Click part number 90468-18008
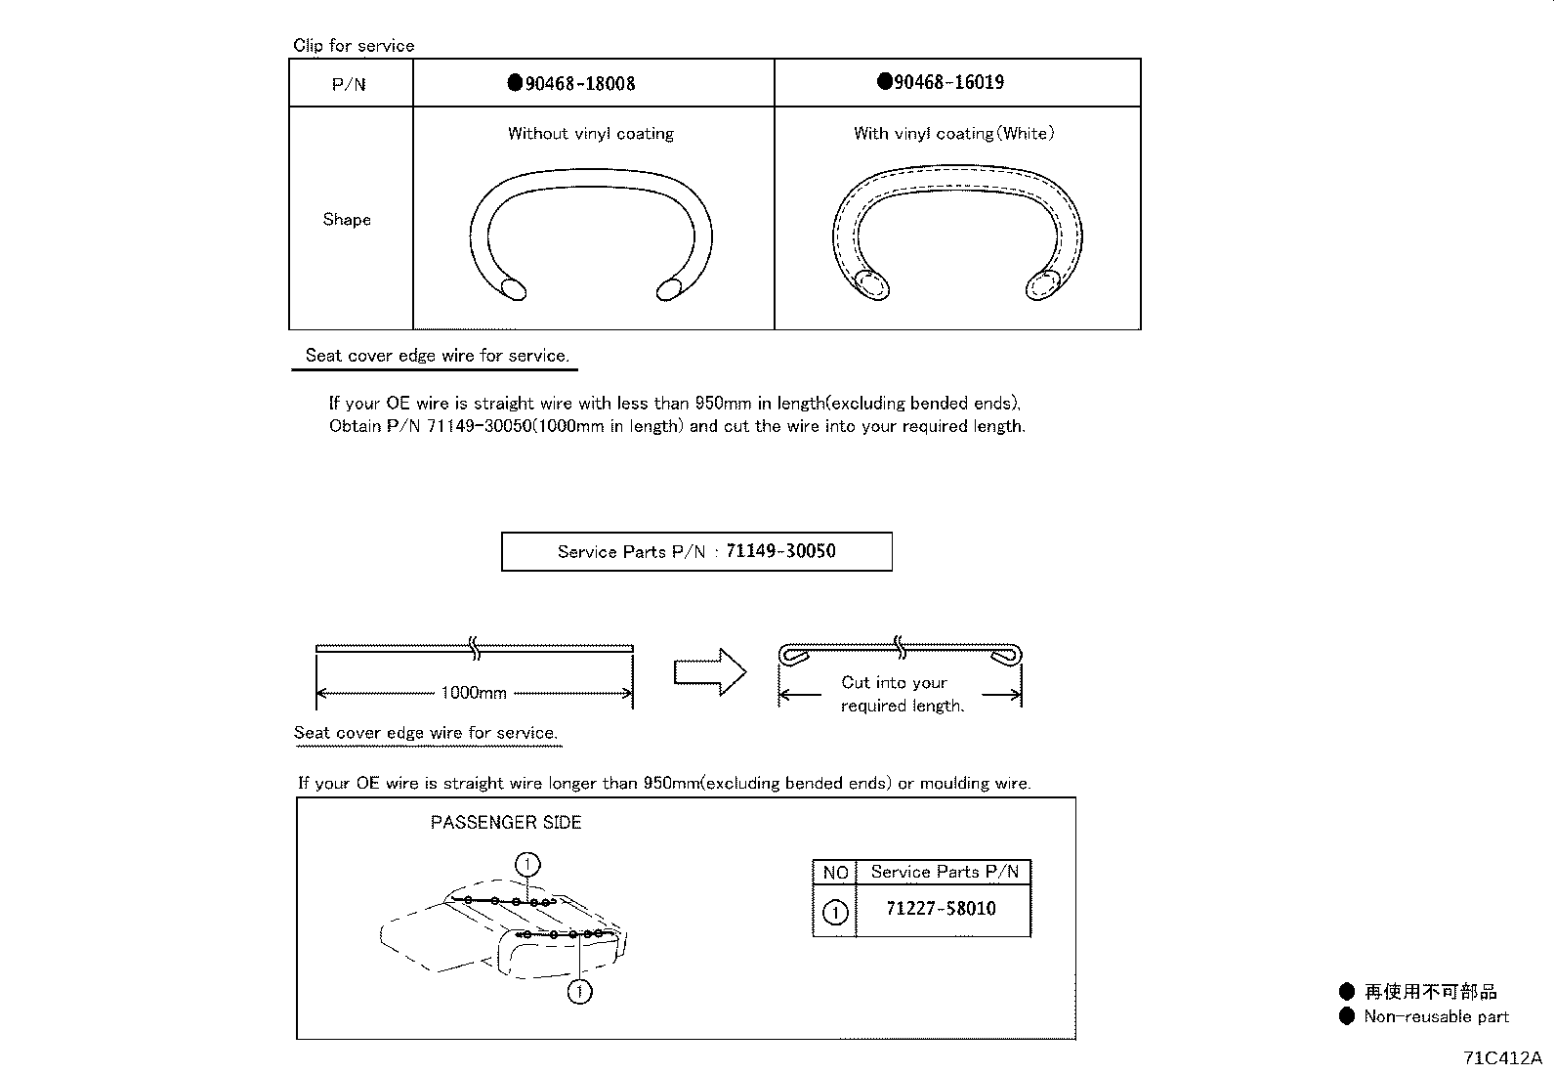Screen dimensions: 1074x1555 [x=579, y=84]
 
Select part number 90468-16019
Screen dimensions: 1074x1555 [x=948, y=82]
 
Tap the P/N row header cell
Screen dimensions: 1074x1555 [x=349, y=84]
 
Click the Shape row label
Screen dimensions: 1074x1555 [x=347, y=219]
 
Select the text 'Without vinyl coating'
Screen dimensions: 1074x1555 [x=590, y=134]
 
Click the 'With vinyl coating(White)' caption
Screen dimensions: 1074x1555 [x=953, y=134]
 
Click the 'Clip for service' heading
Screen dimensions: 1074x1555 [x=354, y=46]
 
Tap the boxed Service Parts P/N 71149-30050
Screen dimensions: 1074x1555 [x=696, y=551]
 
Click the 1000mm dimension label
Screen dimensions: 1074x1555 [x=474, y=693]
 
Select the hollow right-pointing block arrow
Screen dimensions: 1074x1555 [x=709, y=672]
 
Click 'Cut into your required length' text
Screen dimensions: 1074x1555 [x=901, y=694]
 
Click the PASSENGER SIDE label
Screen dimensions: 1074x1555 [x=506, y=823]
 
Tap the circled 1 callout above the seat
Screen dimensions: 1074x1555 [x=527, y=864]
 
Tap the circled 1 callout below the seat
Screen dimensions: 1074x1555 [x=580, y=992]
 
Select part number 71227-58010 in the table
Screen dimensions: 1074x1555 [x=941, y=909]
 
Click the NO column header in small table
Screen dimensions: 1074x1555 [x=835, y=873]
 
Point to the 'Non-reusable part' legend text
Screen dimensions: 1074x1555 [x=1436, y=1017]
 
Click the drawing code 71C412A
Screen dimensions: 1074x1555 [x=1501, y=1058]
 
